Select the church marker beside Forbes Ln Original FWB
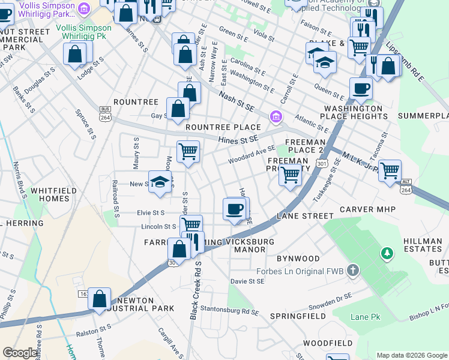(352, 271)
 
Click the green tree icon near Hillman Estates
(387, 254)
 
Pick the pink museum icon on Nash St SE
(276, 116)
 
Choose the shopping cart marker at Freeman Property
(290, 175)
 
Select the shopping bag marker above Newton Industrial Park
(100, 298)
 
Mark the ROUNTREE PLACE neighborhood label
(223, 127)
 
